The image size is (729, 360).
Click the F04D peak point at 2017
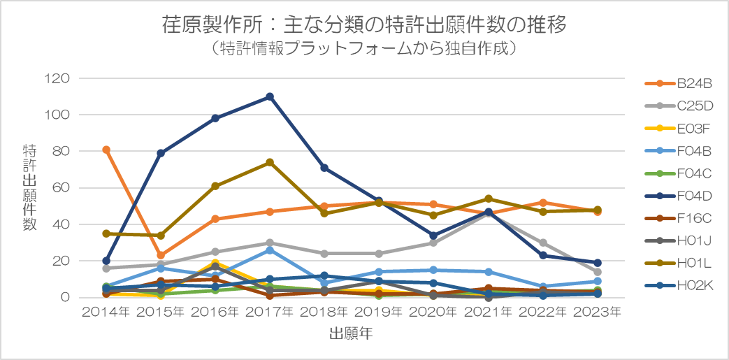pyautogui.click(x=270, y=96)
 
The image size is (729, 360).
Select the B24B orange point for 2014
pyautogui.click(x=106, y=150)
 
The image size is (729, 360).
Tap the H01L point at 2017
pyautogui.click(x=270, y=162)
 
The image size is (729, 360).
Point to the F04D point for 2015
pyautogui.click(x=161, y=153)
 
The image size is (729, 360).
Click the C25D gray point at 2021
pyautogui.click(x=489, y=213)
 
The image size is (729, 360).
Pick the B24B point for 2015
pyautogui.click(x=161, y=255)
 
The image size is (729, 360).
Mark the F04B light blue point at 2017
pyautogui.click(x=270, y=250)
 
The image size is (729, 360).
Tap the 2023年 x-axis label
pyautogui.click(x=598, y=312)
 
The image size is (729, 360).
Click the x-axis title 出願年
pyautogui.click(x=351, y=334)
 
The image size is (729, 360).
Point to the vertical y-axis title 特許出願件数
pyautogui.click(x=29, y=187)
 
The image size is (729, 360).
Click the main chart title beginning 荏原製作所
pyautogui.click(x=363, y=26)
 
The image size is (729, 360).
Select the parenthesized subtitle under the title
pyautogui.click(x=363, y=50)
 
